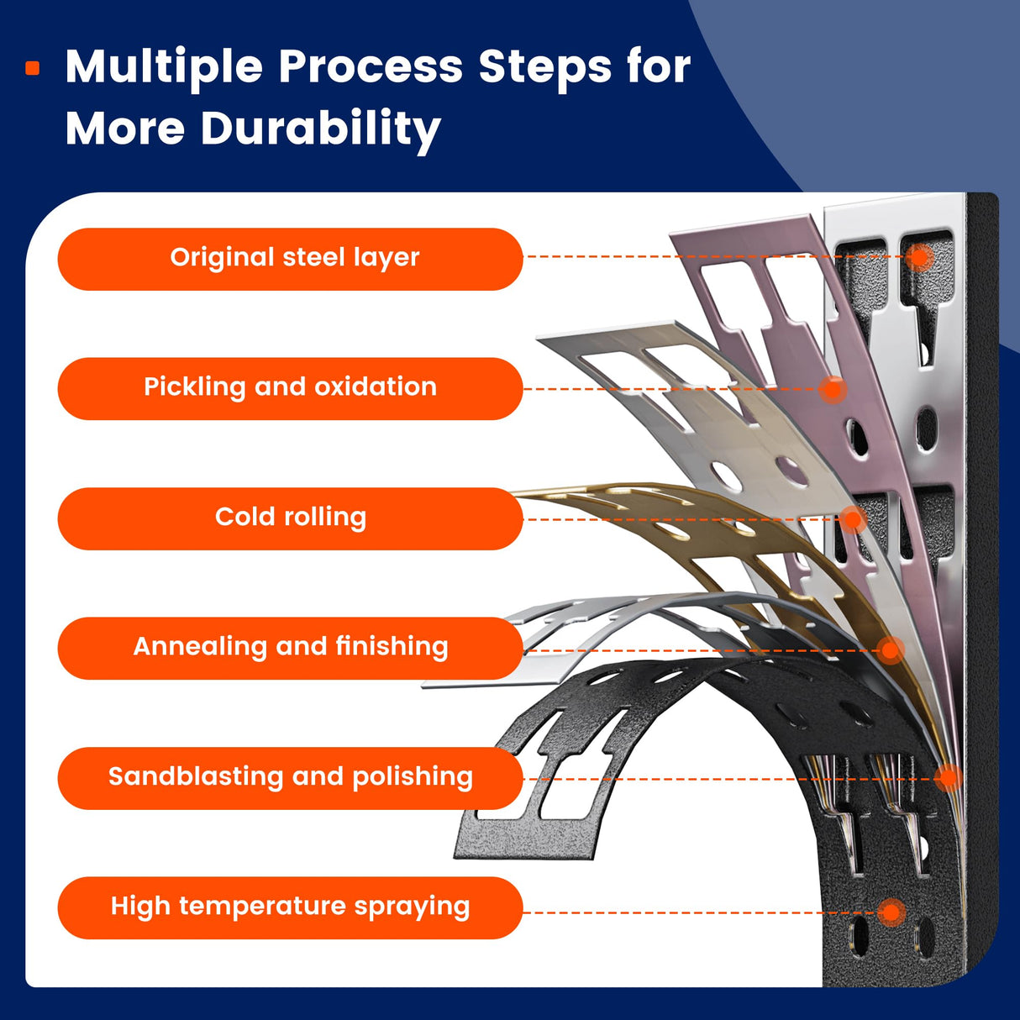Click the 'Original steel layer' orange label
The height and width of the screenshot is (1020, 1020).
click(x=290, y=259)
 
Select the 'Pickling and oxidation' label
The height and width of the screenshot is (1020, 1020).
click(x=290, y=388)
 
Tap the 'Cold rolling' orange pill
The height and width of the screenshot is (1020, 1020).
click(x=290, y=518)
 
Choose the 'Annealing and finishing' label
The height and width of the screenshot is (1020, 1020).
click(x=290, y=648)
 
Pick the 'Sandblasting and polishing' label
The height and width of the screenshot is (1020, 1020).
click(x=290, y=778)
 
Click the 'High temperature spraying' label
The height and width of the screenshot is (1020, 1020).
click(x=290, y=907)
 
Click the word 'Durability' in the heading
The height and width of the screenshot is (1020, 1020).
click(x=320, y=130)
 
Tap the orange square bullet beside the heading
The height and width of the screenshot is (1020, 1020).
click(x=33, y=68)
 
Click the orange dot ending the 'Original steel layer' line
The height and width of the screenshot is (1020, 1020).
click(x=921, y=256)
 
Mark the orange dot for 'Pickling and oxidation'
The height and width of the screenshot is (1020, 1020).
click(x=832, y=389)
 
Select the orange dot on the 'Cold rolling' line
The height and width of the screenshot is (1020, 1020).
click(x=853, y=519)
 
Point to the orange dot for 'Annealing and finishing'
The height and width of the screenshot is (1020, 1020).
click(x=891, y=649)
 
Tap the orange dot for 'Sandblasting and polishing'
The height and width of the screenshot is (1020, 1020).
click(x=949, y=778)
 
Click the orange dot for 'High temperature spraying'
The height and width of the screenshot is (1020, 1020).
click(x=891, y=912)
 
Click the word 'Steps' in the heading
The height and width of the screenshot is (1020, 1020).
click(x=545, y=66)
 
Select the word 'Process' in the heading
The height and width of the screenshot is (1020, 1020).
click(x=370, y=66)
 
